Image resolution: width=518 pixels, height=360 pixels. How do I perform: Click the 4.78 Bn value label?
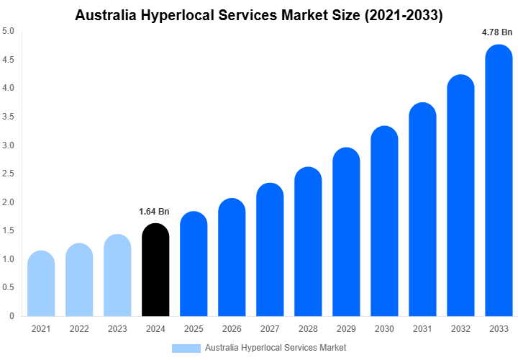tap(497, 32)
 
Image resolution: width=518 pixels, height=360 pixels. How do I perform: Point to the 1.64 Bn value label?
tap(154, 212)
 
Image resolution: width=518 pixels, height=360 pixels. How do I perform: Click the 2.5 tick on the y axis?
tap(8, 174)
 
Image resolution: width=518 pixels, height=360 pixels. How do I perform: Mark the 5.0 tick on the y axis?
tap(8, 31)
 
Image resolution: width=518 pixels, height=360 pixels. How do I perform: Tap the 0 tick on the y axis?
tap(12, 316)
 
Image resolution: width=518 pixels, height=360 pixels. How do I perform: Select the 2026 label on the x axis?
tap(232, 329)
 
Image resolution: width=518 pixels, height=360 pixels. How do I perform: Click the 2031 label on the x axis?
tap(422, 329)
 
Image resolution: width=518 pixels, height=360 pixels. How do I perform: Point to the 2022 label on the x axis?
tap(79, 329)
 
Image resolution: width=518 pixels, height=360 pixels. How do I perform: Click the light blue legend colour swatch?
tap(186, 348)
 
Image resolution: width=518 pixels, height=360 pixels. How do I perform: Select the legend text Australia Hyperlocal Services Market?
tap(276, 348)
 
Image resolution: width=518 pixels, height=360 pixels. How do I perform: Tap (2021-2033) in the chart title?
tap(404, 14)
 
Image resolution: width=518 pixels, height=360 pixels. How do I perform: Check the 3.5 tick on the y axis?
tap(8, 117)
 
